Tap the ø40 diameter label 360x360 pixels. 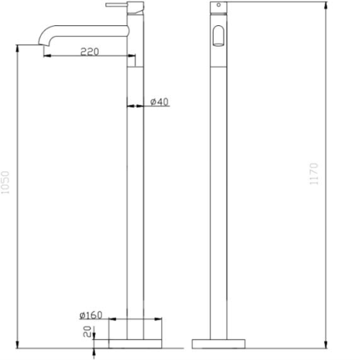pos(159,102)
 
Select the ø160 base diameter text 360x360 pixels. pos(91,315)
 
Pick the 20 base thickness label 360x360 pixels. pos(86,332)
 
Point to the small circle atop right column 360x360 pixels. pos(218,6)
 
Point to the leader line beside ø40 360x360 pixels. pos(144,107)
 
